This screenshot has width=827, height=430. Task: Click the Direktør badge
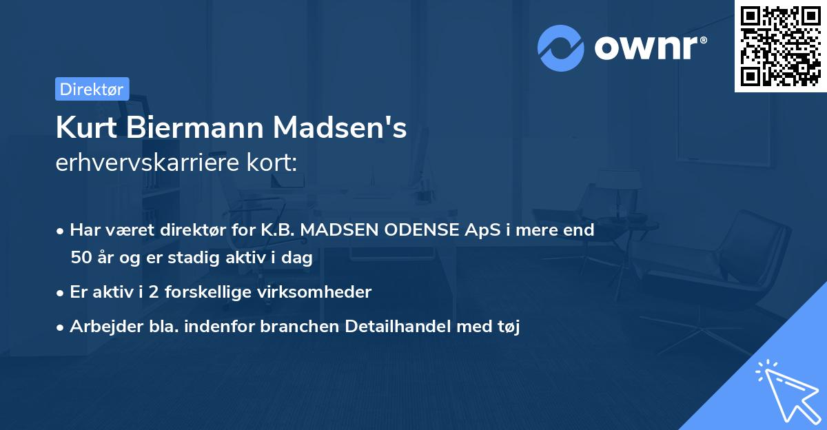click(92, 89)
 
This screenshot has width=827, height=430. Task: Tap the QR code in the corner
click(780, 45)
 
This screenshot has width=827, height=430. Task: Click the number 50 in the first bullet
click(80, 258)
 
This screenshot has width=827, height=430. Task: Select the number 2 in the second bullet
click(154, 292)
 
